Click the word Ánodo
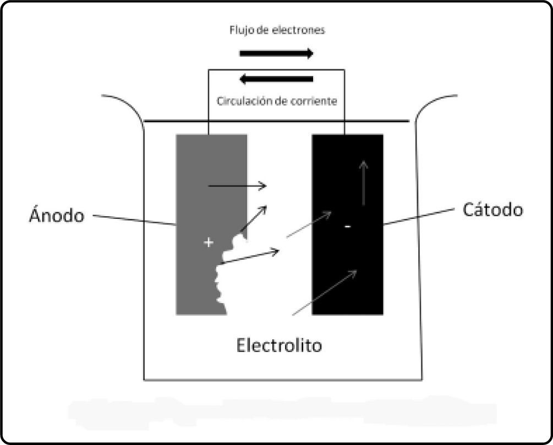pyautogui.click(x=57, y=215)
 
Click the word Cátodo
pyautogui.click(x=492, y=210)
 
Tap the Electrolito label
pyautogui.click(x=279, y=345)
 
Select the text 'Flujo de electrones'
pyautogui.click(x=277, y=30)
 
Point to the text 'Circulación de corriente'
pyautogui.click(x=277, y=102)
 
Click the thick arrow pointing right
pyautogui.click(x=277, y=53)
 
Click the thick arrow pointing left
pyautogui.click(x=277, y=80)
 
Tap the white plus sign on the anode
pyautogui.click(x=208, y=242)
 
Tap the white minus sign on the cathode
pyautogui.click(x=347, y=226)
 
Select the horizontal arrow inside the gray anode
pyautogui.click(x=237, y=186)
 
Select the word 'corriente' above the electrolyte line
pyautogui.click(x=316, y=102)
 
